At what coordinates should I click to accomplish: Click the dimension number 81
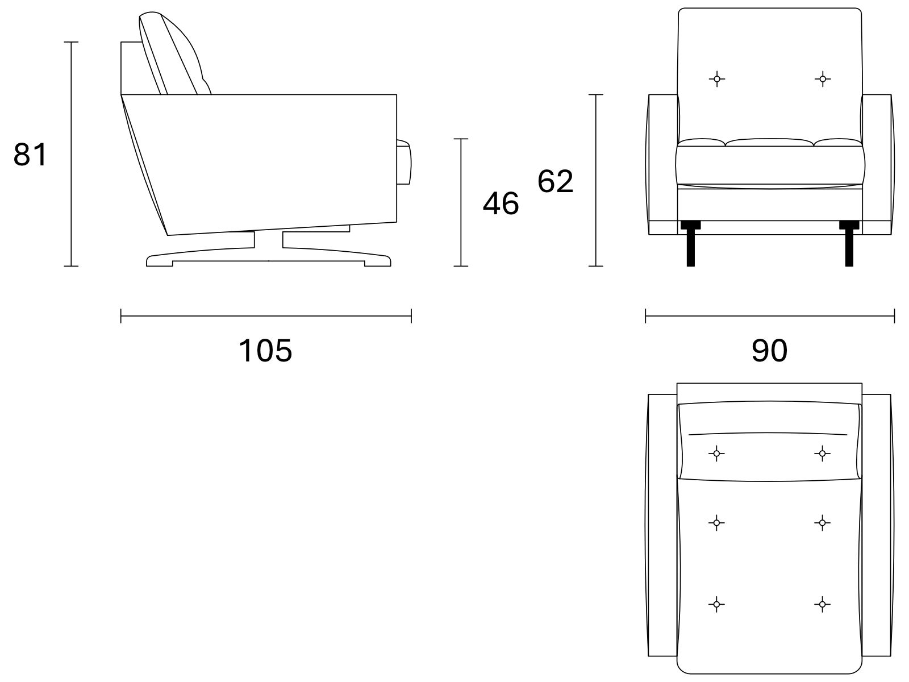(x=30, y=154)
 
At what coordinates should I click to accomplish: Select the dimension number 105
(x=265, y=350)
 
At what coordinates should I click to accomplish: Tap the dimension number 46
(x=501, y=203)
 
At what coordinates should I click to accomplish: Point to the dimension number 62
(x=555, y=181)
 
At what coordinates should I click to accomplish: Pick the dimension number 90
(x=769, y=350)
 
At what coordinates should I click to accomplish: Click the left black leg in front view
(x=690, y=243)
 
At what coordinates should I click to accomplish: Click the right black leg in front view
(x=849, y=243)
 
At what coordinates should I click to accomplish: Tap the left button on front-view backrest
(x=717, y=78)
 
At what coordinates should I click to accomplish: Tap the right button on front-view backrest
(x=823, y=78)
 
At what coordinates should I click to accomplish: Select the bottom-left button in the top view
(x=716, y=604)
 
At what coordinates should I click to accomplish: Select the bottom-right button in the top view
(x=823, y=604)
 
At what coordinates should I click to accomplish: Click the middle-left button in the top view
(x=716, y=523)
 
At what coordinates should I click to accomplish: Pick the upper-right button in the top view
(x=823, y=454)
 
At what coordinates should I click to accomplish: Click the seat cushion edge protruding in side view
(x=404, y=162)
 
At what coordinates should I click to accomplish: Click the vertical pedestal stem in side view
(x=268, y=240)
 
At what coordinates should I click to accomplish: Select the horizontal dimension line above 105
(x=266, y=316)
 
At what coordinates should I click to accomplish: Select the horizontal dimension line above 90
(x=770, y=316)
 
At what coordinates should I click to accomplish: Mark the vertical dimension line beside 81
(x=71, y=154)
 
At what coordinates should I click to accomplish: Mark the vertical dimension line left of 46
(x=461, y=202)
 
